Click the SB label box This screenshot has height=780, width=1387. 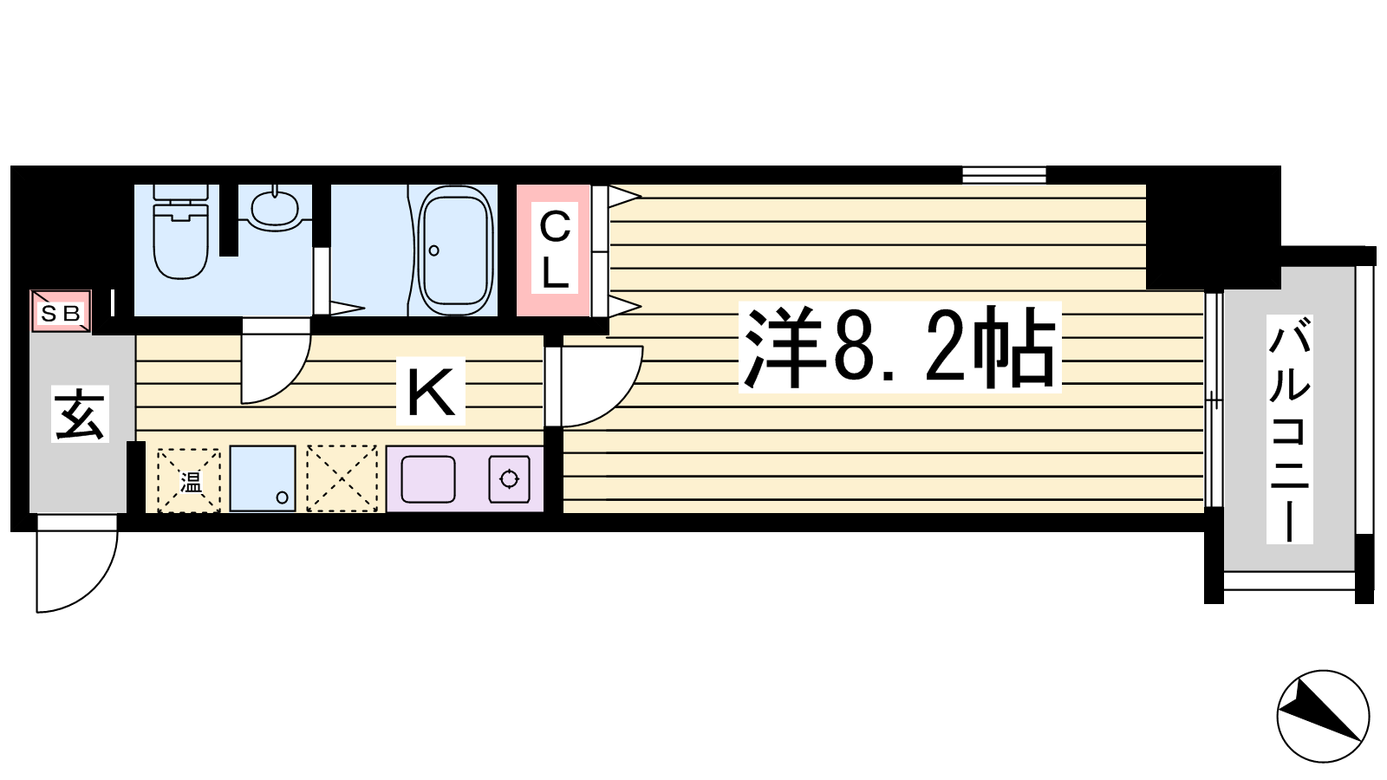pos(62,311)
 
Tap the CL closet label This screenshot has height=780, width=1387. pos(555,250)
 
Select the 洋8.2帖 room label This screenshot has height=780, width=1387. pos(900,348)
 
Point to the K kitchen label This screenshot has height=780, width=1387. pos(431,391)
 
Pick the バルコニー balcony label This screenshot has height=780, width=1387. pos(1289,429)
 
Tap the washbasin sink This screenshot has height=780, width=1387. pos(275,207)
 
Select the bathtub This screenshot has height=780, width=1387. pos(456,250)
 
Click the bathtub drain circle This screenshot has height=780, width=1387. pos(434,250)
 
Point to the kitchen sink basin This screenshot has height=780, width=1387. pos(428,479)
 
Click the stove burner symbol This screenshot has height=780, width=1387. pos(510,479)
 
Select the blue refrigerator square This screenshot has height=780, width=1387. pos(263,478)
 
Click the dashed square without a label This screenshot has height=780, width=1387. pos(342,478)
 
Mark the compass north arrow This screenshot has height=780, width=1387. pos(1323,716)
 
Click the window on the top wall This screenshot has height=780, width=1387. pos(1005,175)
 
